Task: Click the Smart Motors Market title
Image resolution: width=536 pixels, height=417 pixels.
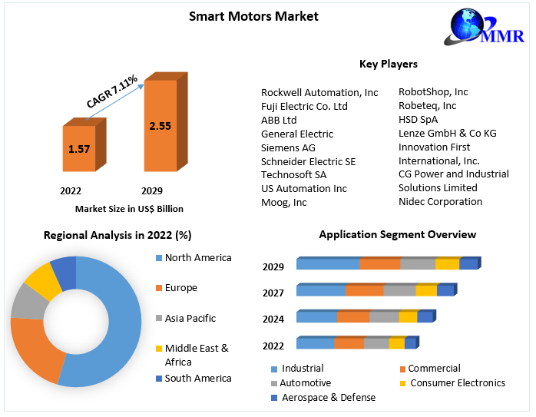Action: pos(253,15)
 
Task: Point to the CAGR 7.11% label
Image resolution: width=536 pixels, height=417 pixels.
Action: pos(112,91)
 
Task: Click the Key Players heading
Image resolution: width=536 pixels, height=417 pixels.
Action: pos(388,64)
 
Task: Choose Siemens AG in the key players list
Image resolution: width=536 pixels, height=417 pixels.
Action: pos(288,147)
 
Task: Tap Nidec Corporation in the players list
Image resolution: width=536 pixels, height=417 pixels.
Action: pos(440,202)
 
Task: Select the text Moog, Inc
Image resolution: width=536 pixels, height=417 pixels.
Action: pos(283,203)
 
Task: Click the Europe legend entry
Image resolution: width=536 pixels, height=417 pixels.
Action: pos(180,288)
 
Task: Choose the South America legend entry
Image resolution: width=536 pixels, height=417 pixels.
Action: pos(197,378)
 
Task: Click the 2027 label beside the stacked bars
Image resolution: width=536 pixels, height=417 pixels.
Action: pos(273,293)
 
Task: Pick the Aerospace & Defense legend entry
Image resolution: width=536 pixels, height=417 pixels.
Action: pos(329,397)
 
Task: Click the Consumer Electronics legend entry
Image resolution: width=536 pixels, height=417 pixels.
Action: pos(457,382)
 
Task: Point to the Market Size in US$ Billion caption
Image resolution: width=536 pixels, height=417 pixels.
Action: pos(129,209)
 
